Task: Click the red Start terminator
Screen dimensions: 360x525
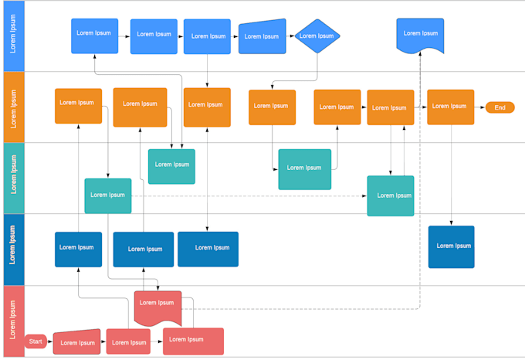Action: pyautogui.click(x=36, y=341)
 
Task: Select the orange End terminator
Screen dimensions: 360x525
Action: pyautogui.click(x=500, y=107)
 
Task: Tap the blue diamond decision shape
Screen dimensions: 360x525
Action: pyautogui.click(x=317, y=36)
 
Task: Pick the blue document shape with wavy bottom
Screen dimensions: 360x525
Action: pyautogui.click(x=421, y=36)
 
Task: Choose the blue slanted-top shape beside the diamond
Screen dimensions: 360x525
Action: pyautogui.click(x=262, y=36)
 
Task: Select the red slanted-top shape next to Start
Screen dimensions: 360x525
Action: pyautogui.click(x=77, y=341)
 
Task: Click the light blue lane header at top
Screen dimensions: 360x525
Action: pyautogui.click(x=12, y=36)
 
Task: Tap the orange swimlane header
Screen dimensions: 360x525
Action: pyautogui.click(x=12, y=107)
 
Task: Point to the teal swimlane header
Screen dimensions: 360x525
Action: pyautogui.click(x=12, y=178)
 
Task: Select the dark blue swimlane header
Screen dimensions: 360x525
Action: pyautogui.click(x=12, y=250)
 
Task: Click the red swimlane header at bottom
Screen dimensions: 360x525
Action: pyautogui.click(x=12, y=321)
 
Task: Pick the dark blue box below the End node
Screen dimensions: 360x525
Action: pyautogui.click(x=452, y=246)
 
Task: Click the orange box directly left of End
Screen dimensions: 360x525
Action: pyautogui.click(x=450, y=107)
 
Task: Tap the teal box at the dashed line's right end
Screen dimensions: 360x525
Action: pyautogui.click(x=391, y=195)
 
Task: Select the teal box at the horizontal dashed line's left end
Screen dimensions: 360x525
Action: pyautogui.click(x=108, y=195)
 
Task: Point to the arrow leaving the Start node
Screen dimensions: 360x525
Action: pyautogui.click(x=50, y=341)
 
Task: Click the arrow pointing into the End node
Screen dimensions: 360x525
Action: pyautogui.click(x=480, y=107)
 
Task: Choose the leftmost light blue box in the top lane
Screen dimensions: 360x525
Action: pyautogui.click(x=94, y=36)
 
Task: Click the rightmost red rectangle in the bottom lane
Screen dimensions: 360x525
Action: pyautogui.click(x=193, y=341)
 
